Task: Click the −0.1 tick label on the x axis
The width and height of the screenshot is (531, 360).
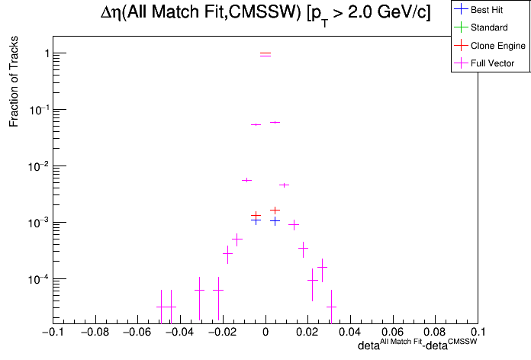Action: (51, 333)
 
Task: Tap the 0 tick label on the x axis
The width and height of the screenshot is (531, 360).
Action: (265, 333)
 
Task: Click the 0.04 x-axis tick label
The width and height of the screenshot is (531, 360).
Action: (350, 333)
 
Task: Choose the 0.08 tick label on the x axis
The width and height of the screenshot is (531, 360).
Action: (436, 333)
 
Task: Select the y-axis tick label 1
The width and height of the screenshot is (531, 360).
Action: (47, 53)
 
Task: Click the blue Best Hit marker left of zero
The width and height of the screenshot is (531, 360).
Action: (256, 220)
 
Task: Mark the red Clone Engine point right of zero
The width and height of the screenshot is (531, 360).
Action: (275, 210)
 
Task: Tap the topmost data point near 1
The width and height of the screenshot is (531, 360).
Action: (265, 54)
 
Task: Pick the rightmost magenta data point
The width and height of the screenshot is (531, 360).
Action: (331, 307)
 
